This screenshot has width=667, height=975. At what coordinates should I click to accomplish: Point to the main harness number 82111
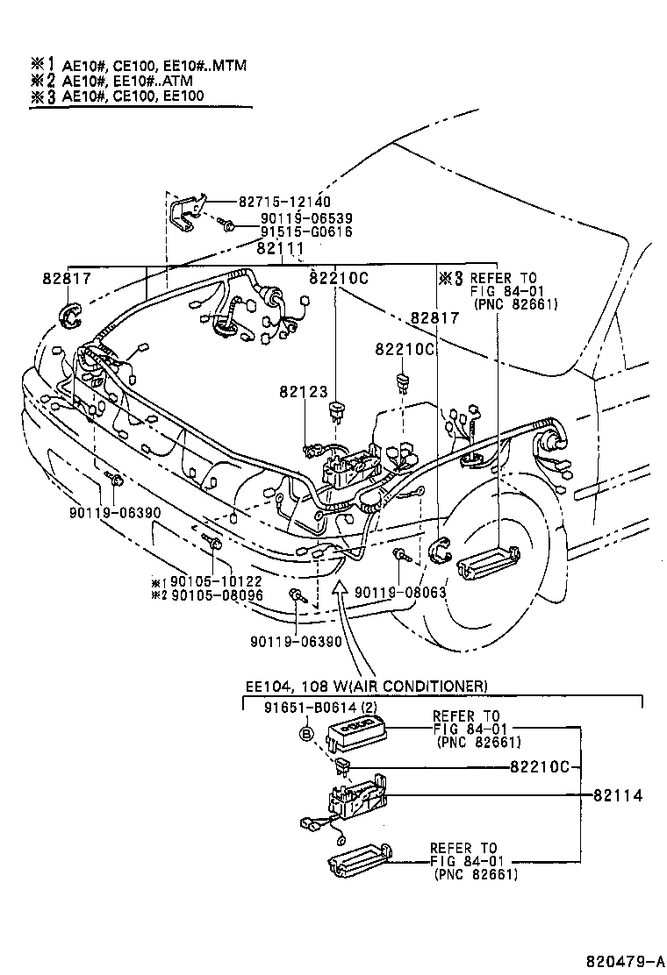click(280, 249)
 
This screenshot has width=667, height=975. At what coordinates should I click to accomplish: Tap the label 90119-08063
click(401, 593)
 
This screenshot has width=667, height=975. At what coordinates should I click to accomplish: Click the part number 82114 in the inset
click(618, 796)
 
